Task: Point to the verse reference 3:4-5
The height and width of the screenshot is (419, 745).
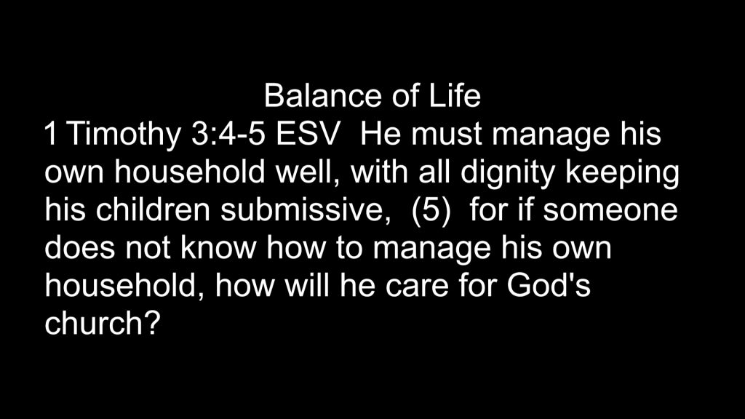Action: coord(228,134)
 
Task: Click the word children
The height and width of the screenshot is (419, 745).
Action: coord(153,210)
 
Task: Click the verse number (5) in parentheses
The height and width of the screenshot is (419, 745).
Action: coord(431,211)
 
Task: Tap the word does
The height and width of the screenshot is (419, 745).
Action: coord(80,248)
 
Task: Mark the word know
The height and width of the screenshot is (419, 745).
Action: coord(218,248)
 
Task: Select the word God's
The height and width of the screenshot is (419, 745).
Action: coord(549,285)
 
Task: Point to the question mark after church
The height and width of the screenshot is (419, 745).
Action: coord(150,324)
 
